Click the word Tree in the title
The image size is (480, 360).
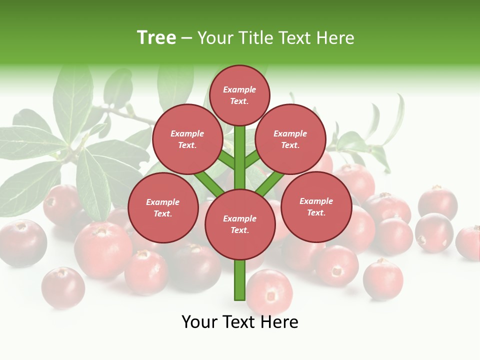tap(156, 37)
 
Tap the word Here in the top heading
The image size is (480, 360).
tap(335, 38)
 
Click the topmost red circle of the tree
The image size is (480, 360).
tap(239, 95)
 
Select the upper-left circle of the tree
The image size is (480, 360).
tap(187, 139)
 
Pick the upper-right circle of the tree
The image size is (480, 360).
tap(290, 139)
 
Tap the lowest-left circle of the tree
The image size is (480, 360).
tap(163, 207)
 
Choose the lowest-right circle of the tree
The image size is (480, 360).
tap(316, 206)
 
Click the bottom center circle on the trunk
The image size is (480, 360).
tap(240, 224)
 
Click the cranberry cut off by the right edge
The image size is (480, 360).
tap(469, 243)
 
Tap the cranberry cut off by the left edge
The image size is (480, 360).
tap(20, 243)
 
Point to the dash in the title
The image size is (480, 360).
tap(186, 38)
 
